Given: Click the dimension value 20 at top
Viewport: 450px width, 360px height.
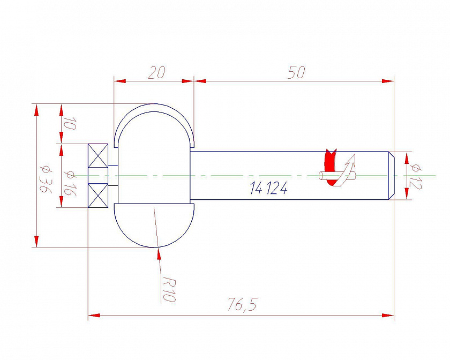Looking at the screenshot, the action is tap(156, 73).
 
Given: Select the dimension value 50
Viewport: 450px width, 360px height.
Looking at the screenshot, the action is tap(296, 72).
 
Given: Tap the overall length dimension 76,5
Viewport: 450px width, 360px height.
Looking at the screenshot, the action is tap(243, 304).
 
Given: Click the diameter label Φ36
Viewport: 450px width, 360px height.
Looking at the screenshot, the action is tap(46, 179).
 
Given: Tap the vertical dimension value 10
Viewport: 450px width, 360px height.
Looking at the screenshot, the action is tap(69, 123).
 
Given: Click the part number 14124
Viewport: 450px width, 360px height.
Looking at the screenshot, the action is tap(268, 189).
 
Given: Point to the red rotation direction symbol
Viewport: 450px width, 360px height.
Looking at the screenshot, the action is tap(330, 167).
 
